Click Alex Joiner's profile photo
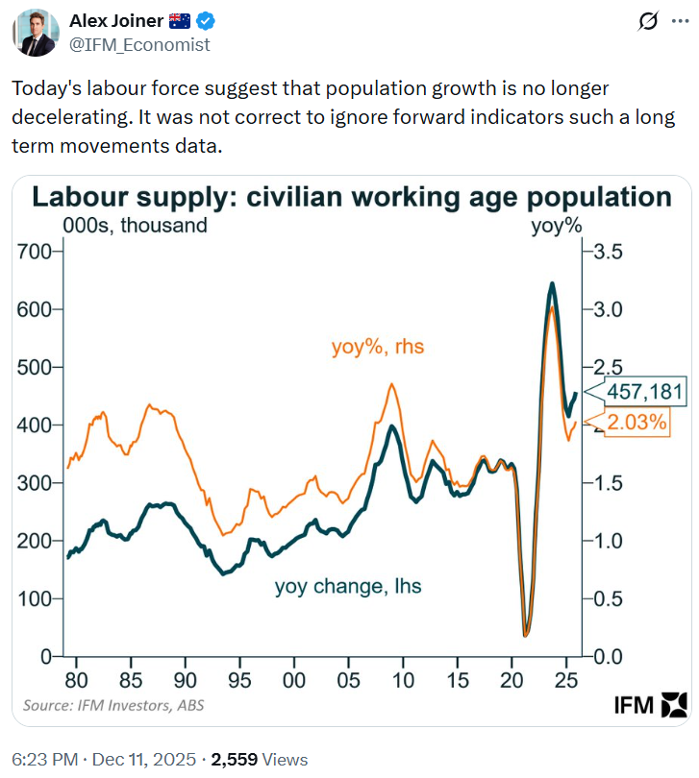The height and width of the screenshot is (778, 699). [36, 33]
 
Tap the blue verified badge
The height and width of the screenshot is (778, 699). [207, 22]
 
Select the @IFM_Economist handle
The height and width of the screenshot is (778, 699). [139, 44]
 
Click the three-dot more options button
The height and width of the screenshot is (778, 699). [679, 22]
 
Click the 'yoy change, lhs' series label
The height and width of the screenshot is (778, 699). [348, 586]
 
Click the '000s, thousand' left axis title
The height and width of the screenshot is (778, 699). [135, 227]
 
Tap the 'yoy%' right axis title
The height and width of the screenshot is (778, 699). [558, 227]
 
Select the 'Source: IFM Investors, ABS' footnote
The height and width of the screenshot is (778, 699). [113, 706]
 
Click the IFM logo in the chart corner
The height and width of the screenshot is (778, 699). [650, 706]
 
